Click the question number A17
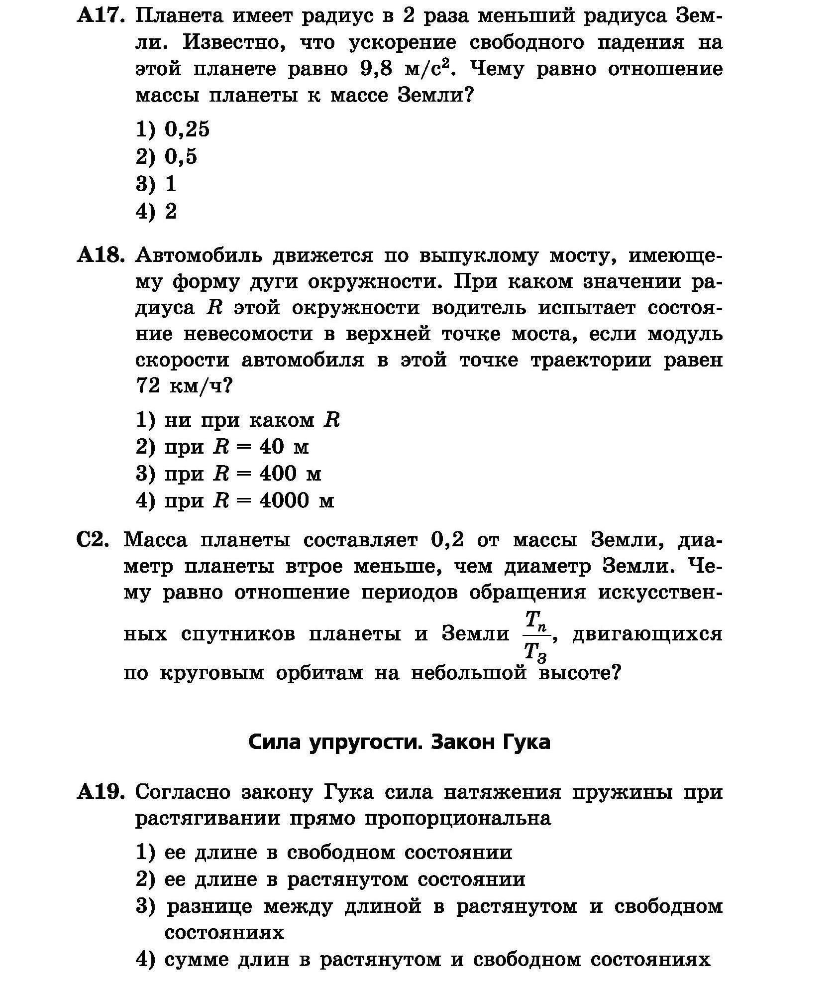pos(100,16)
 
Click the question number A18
pos(100,255)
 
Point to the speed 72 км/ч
pos(184,386)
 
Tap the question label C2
pos(93,540)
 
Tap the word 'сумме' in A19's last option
pos(195,959)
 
